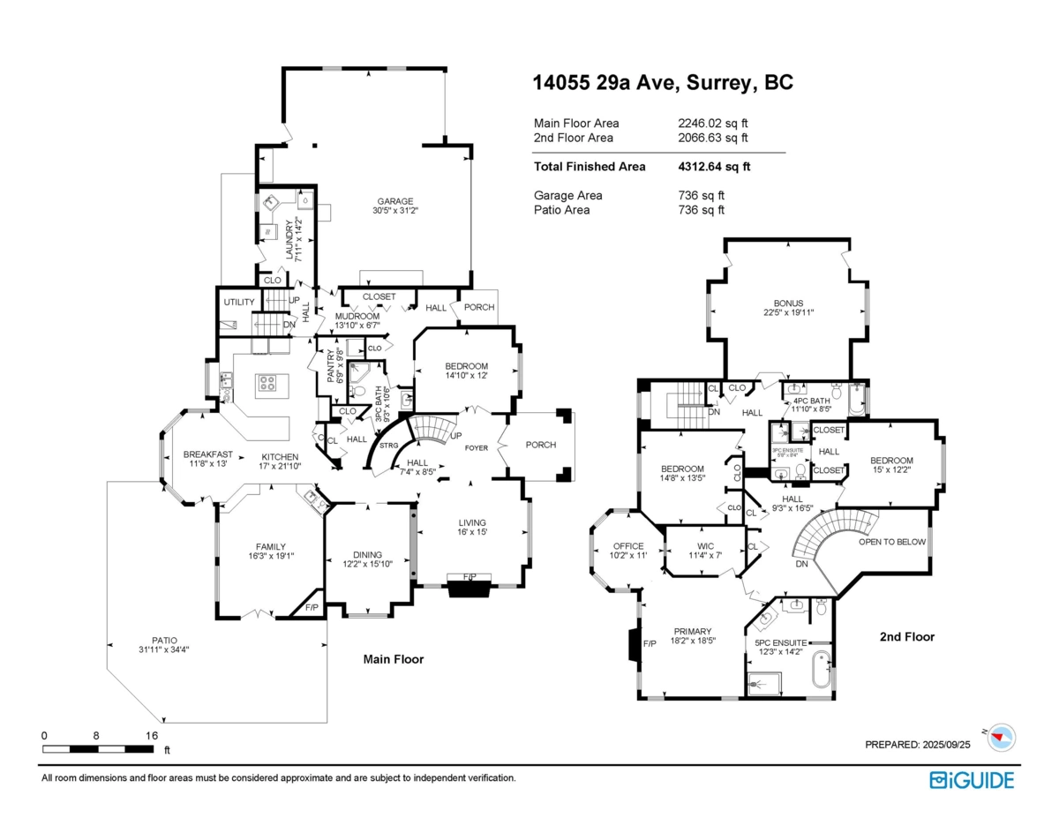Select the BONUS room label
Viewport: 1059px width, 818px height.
[788, 303]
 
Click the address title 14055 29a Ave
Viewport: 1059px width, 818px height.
[663, 83]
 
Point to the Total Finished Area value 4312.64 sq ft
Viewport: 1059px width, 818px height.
[714, 166]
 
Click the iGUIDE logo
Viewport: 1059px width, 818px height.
[972, 779]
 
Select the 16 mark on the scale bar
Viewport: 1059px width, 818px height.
[151, 735]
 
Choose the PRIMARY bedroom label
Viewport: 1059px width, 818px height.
[693, 631]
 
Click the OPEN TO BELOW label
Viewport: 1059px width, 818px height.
[892, 542]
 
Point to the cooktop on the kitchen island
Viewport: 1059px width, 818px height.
[267, 383]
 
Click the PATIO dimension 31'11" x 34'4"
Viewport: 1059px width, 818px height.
[164, 650]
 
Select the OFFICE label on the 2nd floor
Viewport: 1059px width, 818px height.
[627, 546]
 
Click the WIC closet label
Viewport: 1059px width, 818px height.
[704, 545]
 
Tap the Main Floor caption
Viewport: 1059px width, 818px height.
[394, 659]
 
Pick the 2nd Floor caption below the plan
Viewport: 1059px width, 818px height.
[906, 636]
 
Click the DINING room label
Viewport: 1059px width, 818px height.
[368, 554]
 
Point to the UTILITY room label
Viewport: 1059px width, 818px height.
[238, 302]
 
